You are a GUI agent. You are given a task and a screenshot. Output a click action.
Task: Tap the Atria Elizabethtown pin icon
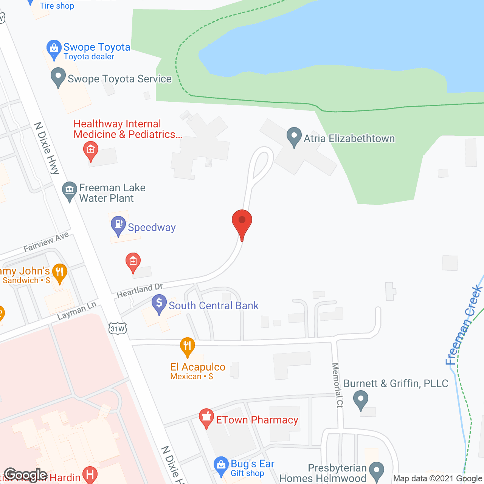point(294,137)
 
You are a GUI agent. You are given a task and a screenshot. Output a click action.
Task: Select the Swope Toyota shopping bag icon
point(54,49)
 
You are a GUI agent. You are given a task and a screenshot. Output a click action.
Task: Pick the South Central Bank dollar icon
point(159,304)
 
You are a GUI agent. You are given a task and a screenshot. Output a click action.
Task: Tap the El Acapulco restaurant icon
point(187,346)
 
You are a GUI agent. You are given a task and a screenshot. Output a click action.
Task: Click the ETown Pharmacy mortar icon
point(206,418)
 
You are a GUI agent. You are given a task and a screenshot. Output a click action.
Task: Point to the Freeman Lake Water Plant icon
point(69,191)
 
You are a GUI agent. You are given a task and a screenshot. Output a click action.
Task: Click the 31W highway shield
point(117,329)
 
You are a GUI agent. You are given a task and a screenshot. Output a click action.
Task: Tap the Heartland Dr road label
point(140,290)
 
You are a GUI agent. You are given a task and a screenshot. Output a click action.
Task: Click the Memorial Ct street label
point(337,385)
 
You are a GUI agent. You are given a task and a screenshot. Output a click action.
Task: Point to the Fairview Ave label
point(46,242)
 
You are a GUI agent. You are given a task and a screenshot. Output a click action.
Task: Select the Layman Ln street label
point(77,311)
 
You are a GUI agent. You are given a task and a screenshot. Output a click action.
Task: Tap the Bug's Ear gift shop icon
point(221,466)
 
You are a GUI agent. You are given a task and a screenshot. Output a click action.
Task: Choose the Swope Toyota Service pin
point(58,77)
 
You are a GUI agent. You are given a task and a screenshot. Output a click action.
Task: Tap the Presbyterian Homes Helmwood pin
point(376,471)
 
